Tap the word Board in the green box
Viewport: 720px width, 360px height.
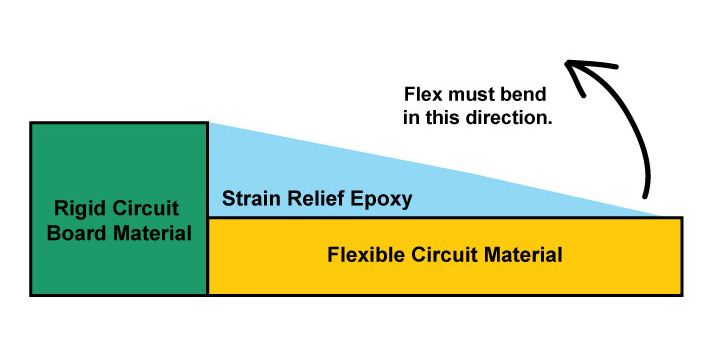(77, 234)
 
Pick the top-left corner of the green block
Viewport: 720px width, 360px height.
(31, 123)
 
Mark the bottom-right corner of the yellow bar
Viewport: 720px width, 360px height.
(683, 295)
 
